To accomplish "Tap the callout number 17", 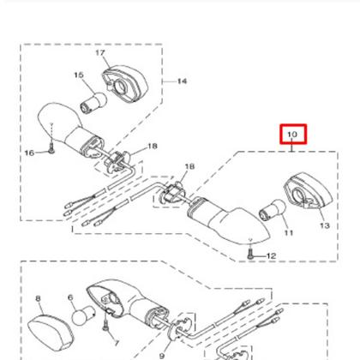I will coord(99,53).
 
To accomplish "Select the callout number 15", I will coord(78,75).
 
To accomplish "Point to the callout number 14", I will coord(182,81).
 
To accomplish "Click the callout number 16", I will coord(28,153).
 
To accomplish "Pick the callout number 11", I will coord(288,232).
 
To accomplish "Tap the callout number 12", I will coord(271,255).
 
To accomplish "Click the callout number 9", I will coord(160,354).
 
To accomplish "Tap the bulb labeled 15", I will coord(90,102).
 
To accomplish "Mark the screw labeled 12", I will coord(248,254).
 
